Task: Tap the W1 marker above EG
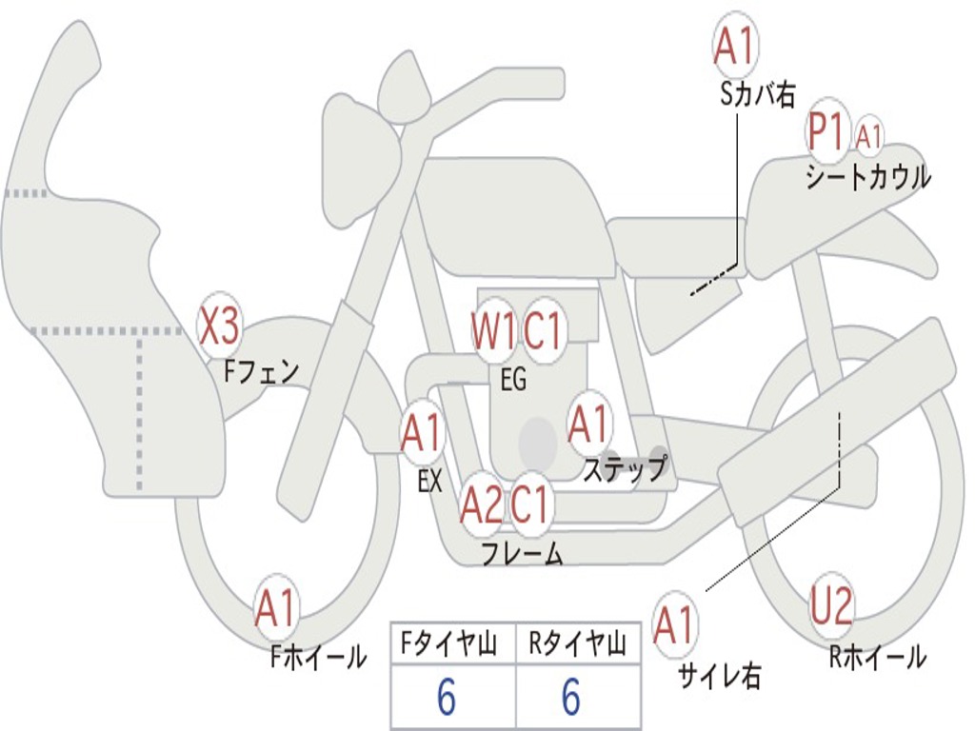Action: point(493,330)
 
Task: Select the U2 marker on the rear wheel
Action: point(830,605)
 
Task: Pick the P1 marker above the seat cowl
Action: point(827,132)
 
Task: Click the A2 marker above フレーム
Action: point(482,505)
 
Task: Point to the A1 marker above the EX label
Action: point(422,433)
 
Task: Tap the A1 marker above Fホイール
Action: point(275,609)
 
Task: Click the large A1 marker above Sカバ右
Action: point(736,47)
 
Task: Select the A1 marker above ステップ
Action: point(588,425)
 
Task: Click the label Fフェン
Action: point(261,372)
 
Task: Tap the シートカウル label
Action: point(868,177)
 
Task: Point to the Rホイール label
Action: point(878,657)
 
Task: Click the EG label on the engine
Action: point(513,379)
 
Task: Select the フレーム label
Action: point(523,554)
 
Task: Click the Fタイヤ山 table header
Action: point(449,644)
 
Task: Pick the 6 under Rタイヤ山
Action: point(571,697)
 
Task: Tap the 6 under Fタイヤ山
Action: point(447,697)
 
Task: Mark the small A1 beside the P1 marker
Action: point(868,137)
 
